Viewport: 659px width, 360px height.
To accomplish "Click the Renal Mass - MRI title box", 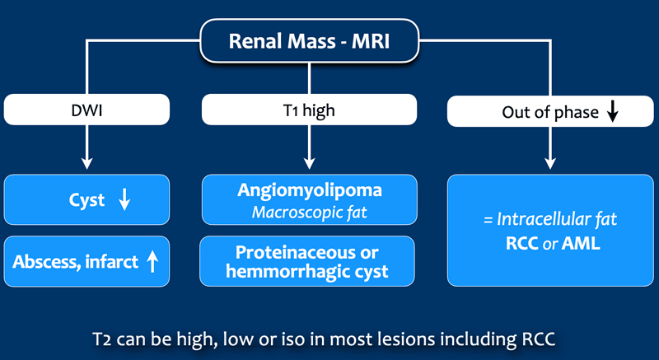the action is point(310,41).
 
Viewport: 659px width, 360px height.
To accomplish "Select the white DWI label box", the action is point(87,110).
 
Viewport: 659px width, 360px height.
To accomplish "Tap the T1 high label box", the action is point(310,110).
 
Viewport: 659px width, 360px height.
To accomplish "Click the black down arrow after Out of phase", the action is point(613,111).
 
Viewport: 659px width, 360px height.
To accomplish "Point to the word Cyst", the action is point(86,200).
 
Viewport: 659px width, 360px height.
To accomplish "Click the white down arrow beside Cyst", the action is point(124,199).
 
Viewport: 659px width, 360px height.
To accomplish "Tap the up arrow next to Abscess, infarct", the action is point(152,262).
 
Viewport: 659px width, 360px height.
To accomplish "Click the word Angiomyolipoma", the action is point(310,190).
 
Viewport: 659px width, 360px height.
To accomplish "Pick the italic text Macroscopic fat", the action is point(310,213).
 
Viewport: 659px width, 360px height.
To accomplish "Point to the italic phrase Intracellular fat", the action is point(557,219).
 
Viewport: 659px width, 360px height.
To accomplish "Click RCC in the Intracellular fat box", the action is point(522,244).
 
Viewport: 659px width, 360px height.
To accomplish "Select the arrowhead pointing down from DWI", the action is point(87,163).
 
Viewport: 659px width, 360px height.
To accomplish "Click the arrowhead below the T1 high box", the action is point(310,163).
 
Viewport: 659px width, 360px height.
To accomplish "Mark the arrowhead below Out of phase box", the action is point(550,163).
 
